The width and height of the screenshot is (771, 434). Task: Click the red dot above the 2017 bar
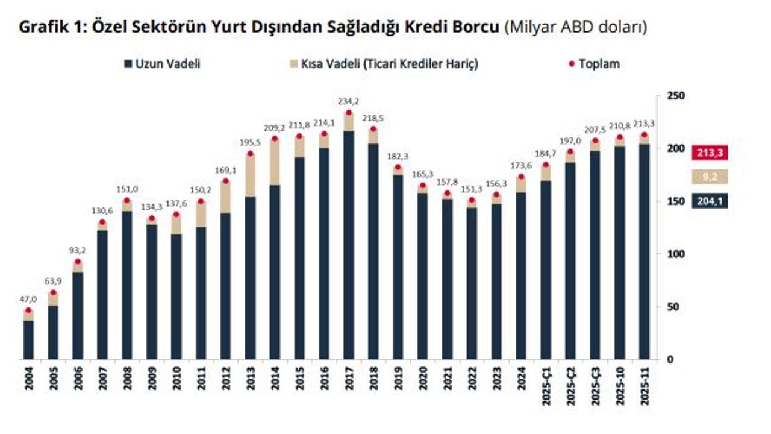pos(348,113)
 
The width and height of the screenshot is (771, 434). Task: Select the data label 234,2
pos(348,102)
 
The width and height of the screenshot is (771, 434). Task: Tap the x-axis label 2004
pos(28,379)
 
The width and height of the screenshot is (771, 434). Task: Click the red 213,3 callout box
pos(710,153)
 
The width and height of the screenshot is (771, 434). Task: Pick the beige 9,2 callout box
pos(710,177)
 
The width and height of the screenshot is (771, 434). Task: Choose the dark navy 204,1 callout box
pos(710,201)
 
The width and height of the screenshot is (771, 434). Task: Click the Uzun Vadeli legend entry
pos(162,64)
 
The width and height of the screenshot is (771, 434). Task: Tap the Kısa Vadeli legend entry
pos(385,64)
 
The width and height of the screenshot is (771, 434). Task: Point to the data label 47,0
pos(28,299)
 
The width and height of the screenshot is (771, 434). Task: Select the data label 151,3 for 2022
pos(472,189)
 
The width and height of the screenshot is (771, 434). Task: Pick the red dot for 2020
pos(422,186)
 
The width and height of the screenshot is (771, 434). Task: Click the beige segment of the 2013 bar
pos(250,175)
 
